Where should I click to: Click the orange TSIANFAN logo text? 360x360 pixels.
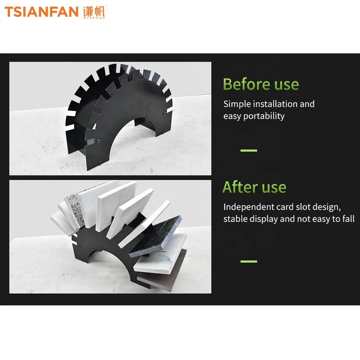41,11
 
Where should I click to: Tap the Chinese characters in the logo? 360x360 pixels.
94,11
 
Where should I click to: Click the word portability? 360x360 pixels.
264,116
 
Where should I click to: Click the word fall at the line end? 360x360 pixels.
348,219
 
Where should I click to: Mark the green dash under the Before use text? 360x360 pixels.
248,150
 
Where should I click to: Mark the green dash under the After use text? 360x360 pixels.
248,261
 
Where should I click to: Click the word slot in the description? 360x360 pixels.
303,207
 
